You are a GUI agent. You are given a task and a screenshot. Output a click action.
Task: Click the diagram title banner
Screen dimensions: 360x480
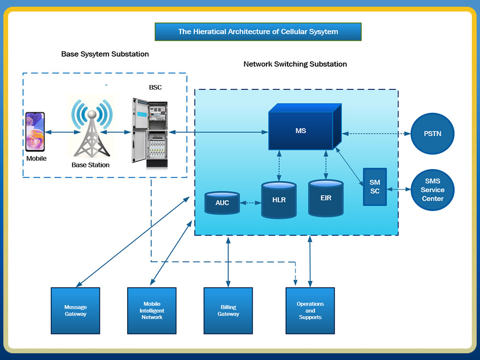[258, 32]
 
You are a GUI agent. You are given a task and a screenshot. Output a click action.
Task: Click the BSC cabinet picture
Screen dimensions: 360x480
[149, 133]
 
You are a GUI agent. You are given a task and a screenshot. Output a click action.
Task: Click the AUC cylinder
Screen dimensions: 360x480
[222, 203]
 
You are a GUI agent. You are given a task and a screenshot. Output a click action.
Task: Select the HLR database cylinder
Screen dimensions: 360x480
[279, 199]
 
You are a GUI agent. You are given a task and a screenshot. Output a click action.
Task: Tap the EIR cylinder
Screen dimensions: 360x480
[326, 198]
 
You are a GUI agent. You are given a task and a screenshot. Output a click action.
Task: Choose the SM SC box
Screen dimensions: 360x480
[375, 187]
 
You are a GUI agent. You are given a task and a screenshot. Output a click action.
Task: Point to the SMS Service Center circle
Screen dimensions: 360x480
[432, 190]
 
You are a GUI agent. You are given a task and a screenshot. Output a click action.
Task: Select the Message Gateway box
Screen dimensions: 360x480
[75, 311]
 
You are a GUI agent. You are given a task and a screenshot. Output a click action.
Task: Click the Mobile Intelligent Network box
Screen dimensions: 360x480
[152, 311]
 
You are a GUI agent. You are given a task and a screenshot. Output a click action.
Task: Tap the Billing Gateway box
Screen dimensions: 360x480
[228, 311]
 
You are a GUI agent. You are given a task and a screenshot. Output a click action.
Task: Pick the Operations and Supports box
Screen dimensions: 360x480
[310, 311]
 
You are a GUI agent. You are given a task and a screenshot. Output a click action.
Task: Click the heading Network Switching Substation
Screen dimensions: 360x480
[295, 64]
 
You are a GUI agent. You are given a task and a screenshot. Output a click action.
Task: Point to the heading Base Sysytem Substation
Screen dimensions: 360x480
[105, 54]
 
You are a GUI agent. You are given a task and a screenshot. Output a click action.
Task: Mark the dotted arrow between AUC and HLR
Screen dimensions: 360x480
[250, 203]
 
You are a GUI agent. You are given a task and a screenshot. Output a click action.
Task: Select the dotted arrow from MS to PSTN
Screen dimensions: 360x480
[375, 133]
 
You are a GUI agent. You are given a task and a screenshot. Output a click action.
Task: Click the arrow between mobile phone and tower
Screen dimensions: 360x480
[58, 132]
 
